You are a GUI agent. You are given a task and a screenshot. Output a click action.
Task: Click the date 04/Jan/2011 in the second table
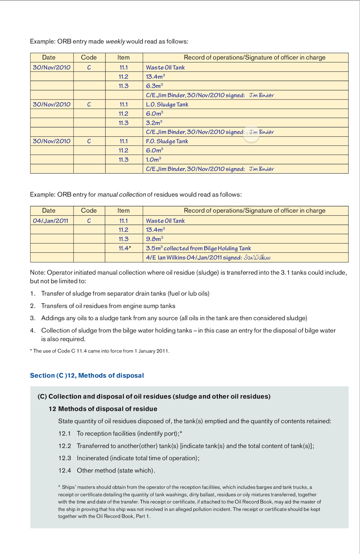(x=51, y=221)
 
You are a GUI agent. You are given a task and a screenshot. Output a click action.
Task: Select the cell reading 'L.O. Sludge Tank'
(x=167, y=104)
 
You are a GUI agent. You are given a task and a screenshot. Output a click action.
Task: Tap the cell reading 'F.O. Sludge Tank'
(x=167, y=141)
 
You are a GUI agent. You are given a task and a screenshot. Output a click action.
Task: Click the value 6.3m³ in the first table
(x=154, y=86)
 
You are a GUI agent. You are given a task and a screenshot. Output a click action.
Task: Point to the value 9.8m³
(x=154, y=239)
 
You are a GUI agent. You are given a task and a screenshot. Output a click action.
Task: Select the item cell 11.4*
(x=125, y=248)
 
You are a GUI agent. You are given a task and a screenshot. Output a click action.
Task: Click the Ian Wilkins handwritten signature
(x=257, y=258)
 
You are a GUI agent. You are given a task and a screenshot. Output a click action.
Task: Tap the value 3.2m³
(x=154, y=123)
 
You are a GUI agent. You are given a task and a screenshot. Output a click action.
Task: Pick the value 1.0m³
(x=153, y=160)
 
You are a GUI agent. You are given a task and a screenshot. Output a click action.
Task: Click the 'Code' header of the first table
(x=89, y=57)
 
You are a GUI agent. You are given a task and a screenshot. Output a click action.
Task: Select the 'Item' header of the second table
(x=124, y=211)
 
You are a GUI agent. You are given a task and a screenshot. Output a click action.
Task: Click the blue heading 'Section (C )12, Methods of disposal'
(x=87, y=375)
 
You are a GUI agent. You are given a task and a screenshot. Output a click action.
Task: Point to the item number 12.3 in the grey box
(x=65, y=458)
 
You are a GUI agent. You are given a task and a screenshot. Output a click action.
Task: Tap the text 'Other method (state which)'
(x=116, y=471)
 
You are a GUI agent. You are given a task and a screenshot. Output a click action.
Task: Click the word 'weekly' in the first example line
(x=115, y=42)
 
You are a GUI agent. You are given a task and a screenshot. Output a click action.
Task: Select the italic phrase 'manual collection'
(x=121, y=195)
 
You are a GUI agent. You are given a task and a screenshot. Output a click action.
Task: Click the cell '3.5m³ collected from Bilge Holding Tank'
(x=198, y=248)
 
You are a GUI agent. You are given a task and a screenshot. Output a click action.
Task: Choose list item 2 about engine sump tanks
(x=108, y=306)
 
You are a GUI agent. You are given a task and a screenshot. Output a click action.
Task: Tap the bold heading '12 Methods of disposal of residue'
(x=103, y=409)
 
